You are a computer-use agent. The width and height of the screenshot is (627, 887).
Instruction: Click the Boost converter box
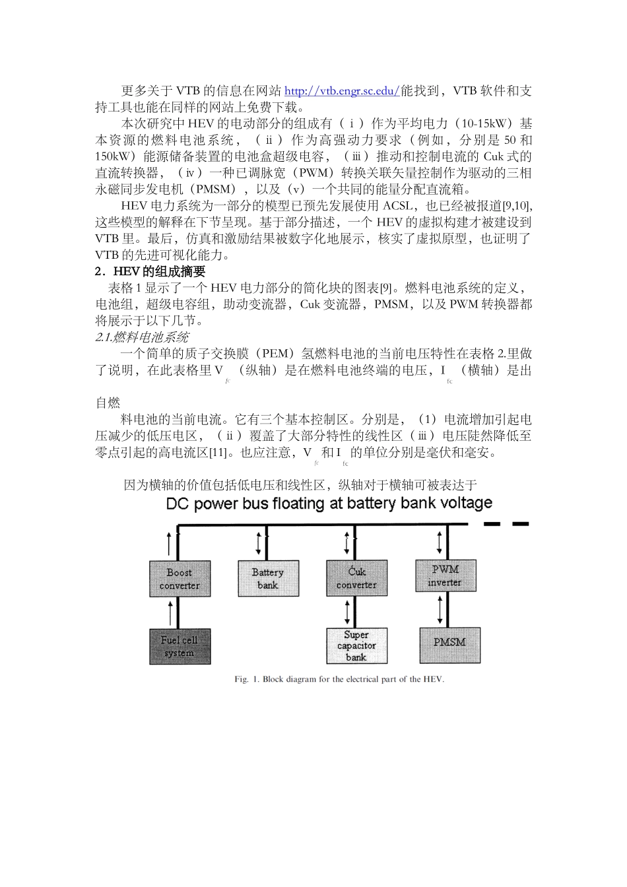coord(180,579)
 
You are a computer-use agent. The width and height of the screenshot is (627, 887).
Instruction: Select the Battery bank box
coord(268,578)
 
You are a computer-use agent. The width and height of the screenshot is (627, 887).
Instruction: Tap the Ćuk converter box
coord(356,578)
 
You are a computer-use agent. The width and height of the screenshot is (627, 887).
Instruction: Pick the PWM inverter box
coord(445,575)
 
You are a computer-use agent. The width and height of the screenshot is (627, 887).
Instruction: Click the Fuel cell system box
coord(180,646)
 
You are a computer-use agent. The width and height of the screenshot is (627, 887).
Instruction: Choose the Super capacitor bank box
coord(356,645)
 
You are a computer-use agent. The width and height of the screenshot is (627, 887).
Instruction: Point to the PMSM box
coord(449,645)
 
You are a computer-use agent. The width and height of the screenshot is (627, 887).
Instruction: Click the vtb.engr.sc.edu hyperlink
coord(342,91)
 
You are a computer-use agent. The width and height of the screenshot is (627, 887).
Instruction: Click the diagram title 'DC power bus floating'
coord(329,504)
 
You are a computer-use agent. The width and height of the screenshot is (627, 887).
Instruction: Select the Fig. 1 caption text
coord(339,679)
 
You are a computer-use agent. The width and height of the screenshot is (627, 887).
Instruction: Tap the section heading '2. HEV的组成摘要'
coord(150,271)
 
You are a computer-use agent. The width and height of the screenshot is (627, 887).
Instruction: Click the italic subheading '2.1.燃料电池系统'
coord(142,337)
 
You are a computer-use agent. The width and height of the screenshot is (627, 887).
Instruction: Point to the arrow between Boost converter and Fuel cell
coord(171,612)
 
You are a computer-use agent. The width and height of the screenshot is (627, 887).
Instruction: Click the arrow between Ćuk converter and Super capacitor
coord(347,612)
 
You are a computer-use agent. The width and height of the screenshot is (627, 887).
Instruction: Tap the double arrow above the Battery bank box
coord(259,542)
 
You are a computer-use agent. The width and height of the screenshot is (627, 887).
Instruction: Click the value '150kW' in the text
coord(113,156)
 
